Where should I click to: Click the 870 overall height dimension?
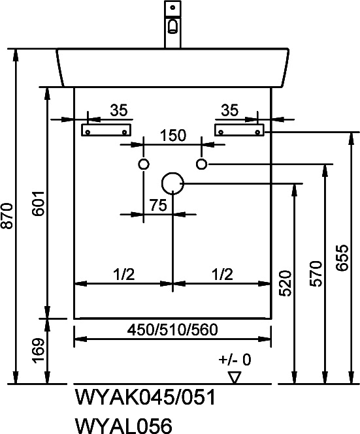(x=7, y=216)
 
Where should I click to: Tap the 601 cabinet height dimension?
(x=39, y=204)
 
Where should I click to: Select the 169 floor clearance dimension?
(x=39, y=350)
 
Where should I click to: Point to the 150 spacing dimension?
(x=173, y=135)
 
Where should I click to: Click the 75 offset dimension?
(x=159, y=205)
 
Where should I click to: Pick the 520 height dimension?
(x=285, y=284)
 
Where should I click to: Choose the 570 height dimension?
(x=316, y=273)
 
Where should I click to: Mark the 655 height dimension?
(x=342, y=258)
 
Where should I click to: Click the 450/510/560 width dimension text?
(x=172, y=330)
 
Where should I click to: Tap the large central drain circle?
(x=172, y=172)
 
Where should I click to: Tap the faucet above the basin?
(x=172, y=24)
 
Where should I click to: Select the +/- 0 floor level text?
(x=235, y=360)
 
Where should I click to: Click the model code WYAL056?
(x=123, y=426)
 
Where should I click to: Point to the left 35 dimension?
(x=119, y=110)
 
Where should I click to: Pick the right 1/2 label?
(x=222, y=274)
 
